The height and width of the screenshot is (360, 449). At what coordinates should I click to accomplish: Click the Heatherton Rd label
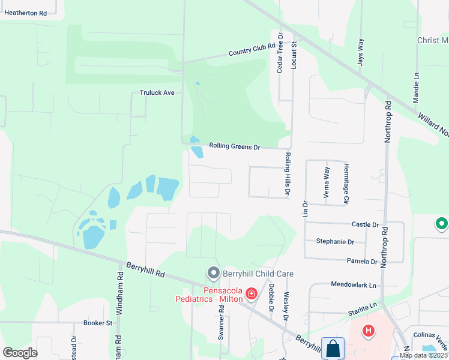pos(26,13)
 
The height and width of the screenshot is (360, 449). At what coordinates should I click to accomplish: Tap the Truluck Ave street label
pos(157,93)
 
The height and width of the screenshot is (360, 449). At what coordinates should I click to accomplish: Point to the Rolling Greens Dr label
pos(234,146)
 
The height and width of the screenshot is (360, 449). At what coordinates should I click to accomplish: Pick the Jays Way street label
pos(361,52)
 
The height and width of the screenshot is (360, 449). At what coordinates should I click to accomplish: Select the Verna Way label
pos(327,179)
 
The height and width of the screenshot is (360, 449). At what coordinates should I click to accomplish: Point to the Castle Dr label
pos(365,224)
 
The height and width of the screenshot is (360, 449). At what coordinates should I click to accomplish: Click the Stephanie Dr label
pos(335,242)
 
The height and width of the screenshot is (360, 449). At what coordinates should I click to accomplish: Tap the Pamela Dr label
pos(362,262)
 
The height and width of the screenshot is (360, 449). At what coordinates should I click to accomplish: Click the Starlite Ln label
pos(361,305)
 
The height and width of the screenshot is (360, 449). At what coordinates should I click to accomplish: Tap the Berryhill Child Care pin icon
pos(213,273)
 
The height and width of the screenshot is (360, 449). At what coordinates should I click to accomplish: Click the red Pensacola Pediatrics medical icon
pos(251,293)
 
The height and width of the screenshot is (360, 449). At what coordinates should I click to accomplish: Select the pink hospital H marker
pos(369,330)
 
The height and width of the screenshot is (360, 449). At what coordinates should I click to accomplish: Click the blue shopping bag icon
pos(333,348)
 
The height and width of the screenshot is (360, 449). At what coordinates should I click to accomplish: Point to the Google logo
pos(20,353)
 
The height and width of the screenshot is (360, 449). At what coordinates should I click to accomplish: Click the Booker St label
pos(98,323)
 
